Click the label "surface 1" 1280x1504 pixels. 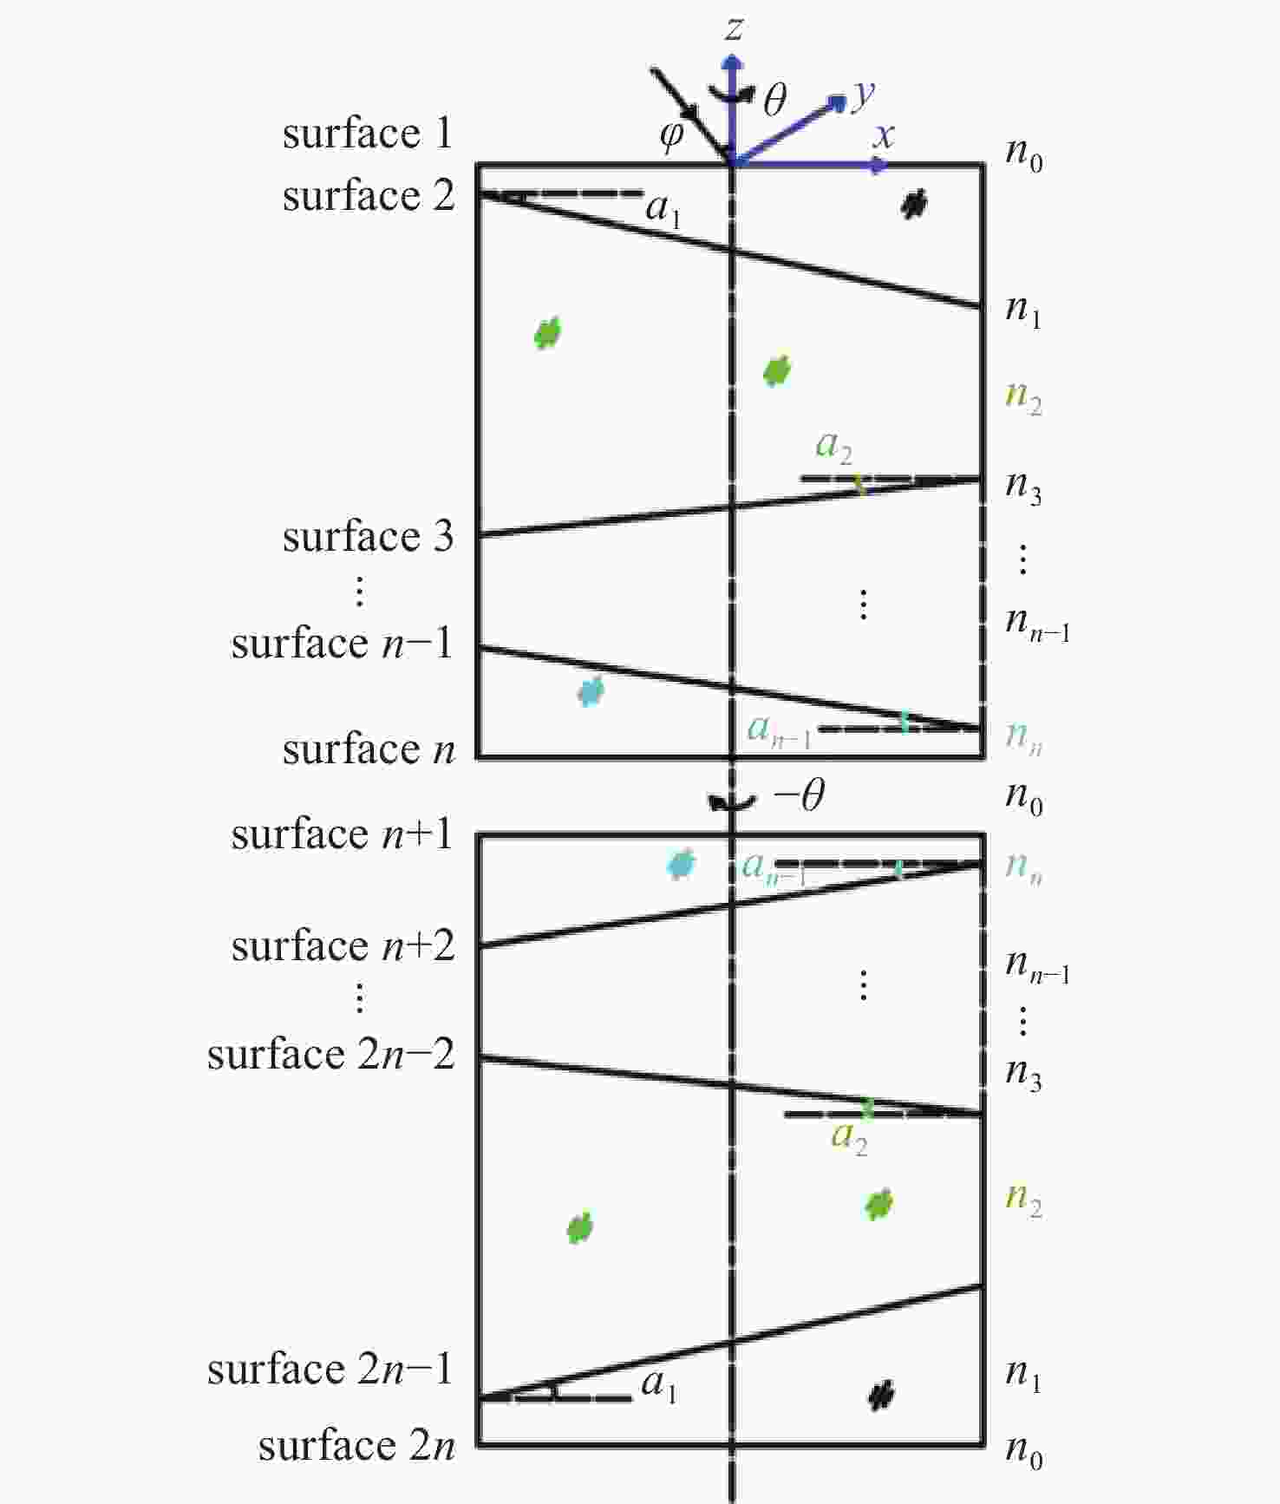tap(368, 134)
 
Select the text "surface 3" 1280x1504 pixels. tap(368, 536)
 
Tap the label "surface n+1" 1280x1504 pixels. tap(342, 834)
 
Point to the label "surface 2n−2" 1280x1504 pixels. tap(330, 1055)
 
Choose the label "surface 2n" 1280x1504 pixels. tap(356, 1446)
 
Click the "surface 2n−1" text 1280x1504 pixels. tap(330, 1370)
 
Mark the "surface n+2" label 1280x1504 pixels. tap(343, 945)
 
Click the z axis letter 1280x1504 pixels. tap(734, 29)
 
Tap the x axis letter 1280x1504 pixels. tap(884, 135)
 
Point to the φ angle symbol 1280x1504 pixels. tap(672, 135)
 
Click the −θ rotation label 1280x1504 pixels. tap(799, 794)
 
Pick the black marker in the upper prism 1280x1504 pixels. tap(913, 205)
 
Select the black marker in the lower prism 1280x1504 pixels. tap(882, 1395)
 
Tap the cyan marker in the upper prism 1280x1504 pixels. tap(591, 691)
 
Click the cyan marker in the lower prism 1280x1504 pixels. tap(681, 864)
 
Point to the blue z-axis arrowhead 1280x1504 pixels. tap(734, 62)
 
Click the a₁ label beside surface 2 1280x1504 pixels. tap(663, 209)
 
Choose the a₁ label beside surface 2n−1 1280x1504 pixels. tap(659, 1385)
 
